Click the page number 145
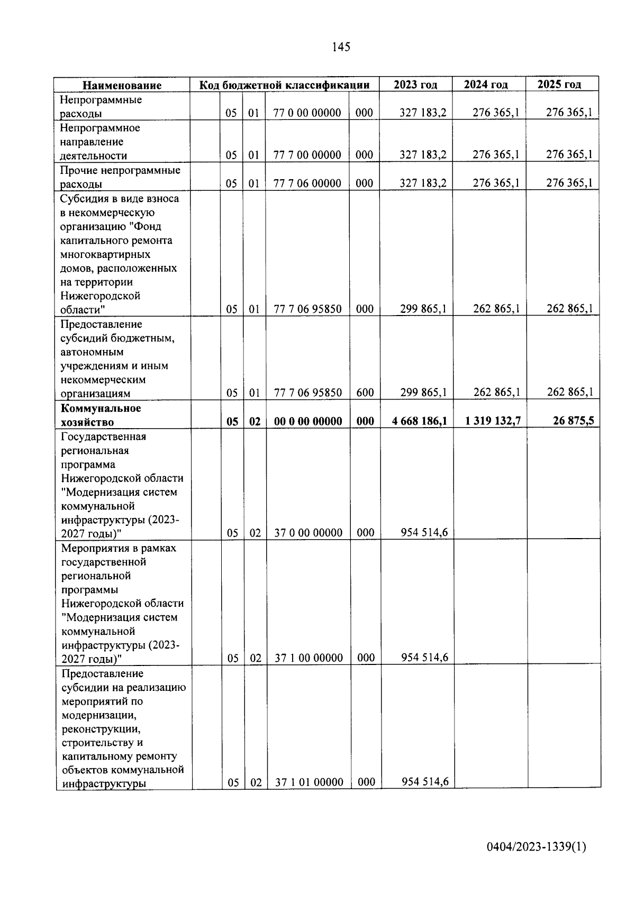pyautogui.click(x=341, y=47)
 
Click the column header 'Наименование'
pyautogui.click(x=122, y=85)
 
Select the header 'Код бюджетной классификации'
pyautogui.click(x=284, y=85)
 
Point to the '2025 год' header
pyautogui.click(x=559, y=84)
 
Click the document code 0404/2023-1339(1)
pyautogui.click(x=537, y=847)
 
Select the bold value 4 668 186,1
pyautogui.click(x=420, y=421)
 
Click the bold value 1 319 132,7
pyautogui.click(x=493, y=421)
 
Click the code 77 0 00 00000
pyautogui.click(x=307, y=113)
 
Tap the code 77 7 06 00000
pyautogui.click(x=307, y=183)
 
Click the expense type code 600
pyautogui.click(x=365, y=393)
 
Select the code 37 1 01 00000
pyautogui.click(x=309, y=782)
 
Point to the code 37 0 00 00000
pyautogui.click(x=309, y=533)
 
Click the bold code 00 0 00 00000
pyautogui.click(x=308, y=421)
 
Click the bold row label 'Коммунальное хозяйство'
pyautogui.click(x=101, y=415)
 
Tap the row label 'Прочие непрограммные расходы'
pyautogui.click(x=120, y=177)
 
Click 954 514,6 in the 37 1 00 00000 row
pyautogui.click(x=424, y=658)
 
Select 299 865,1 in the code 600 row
pyautogui.click(x=423, y=392)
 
